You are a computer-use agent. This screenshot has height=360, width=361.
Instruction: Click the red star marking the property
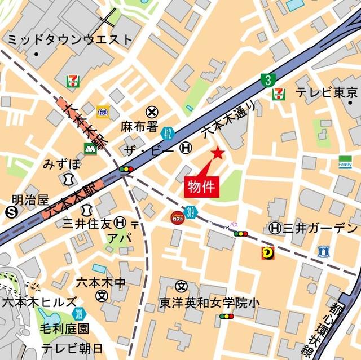218,153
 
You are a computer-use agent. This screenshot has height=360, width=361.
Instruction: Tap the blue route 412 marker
166,133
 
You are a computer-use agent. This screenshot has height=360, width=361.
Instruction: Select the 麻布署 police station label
138,126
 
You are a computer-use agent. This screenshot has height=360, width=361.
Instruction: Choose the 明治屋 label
30,199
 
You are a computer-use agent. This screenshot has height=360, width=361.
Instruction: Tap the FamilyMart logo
345,162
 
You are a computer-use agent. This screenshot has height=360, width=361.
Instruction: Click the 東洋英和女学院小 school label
209,303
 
